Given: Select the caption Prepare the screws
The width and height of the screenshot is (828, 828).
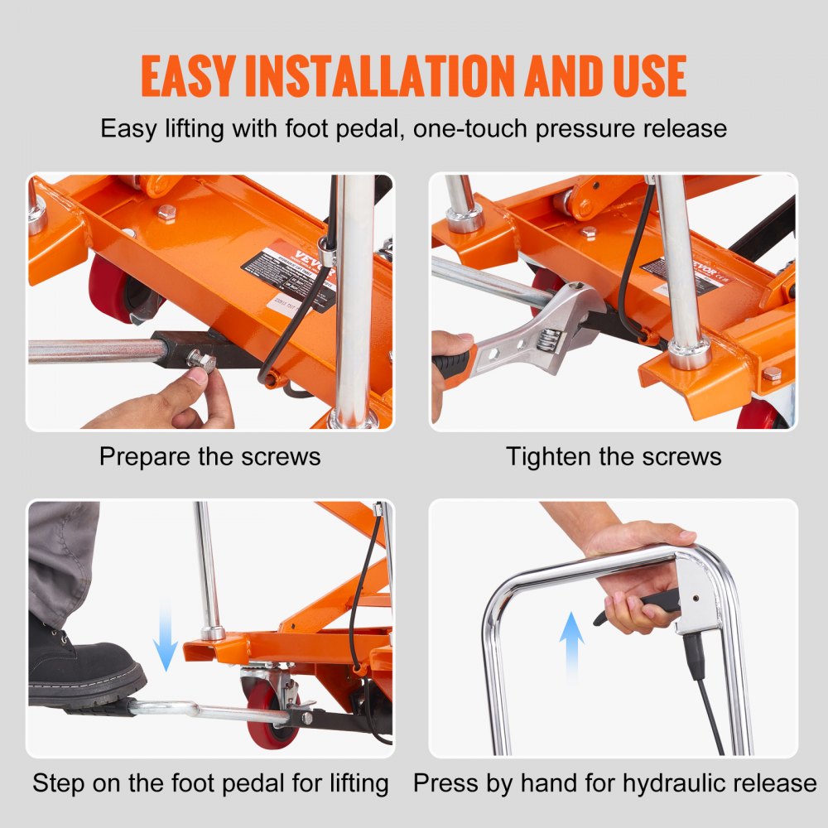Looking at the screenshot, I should point(209,456).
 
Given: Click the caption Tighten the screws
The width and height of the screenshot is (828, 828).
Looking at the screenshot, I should point(614,456).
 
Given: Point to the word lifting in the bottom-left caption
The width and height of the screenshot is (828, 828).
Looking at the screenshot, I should point(345,782).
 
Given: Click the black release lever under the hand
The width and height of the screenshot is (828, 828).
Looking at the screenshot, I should point(638,604).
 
